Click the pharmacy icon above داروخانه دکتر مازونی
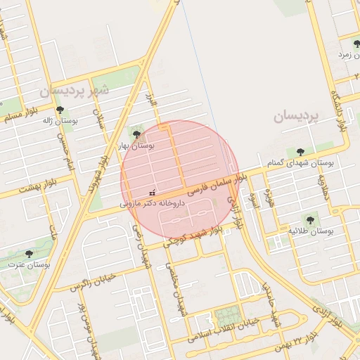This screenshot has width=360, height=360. click(153, 192)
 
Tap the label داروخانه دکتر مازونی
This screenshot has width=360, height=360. click(152, 202)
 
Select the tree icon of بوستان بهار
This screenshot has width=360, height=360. click(136, 134)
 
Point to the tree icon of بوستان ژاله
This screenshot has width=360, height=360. click(60, 110)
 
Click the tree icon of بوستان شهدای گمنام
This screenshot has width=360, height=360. click(300, 151)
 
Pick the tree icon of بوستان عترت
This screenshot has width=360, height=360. click(29, 254)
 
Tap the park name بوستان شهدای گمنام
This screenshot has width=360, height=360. click(300, 162)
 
